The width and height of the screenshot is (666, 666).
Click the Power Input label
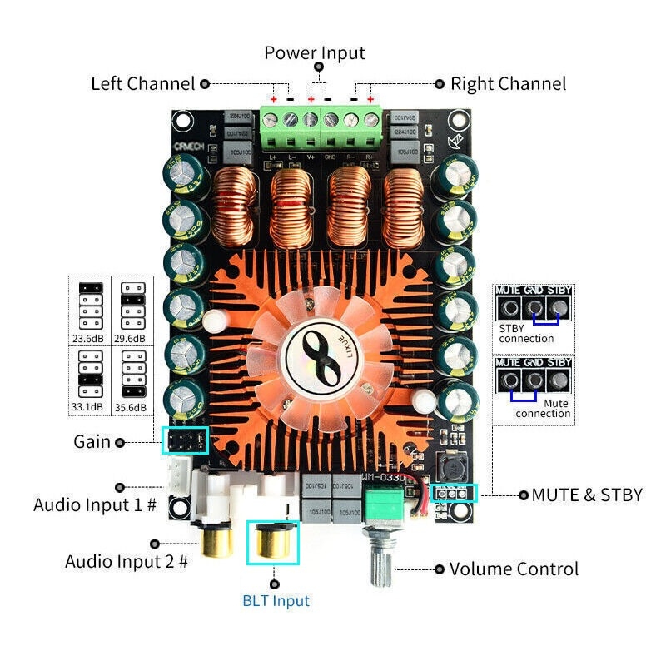315,53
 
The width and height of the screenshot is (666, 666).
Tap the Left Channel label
142,84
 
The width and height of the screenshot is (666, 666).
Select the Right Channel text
508,84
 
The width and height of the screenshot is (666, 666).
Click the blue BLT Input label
276,601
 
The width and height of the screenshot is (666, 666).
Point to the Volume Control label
514,570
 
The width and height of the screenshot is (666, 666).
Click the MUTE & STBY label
587,495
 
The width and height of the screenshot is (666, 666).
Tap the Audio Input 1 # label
95,504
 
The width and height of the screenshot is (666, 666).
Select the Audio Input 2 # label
127,562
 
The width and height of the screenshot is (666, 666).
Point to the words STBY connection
526,333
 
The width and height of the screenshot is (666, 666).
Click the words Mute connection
542,408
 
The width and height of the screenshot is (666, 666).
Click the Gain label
92,442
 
